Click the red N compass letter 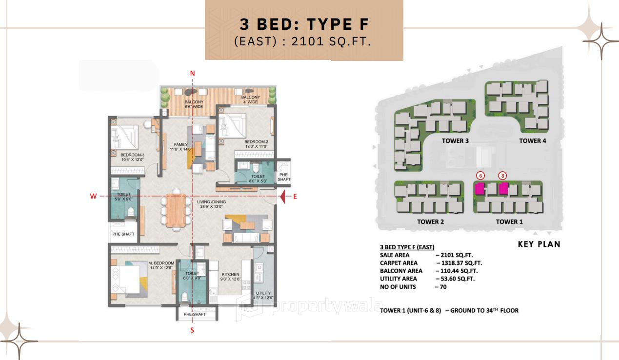[192, 73]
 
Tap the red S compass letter [192, 330]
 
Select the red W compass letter [93, 196]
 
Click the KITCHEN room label [230, 274]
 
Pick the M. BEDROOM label [161, 263]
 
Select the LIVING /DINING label [212, 201]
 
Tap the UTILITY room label [263, 293]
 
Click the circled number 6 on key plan [480, 176]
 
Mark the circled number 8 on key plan [502, 176]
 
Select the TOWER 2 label [431, 222]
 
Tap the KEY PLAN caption [539, 244]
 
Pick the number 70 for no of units [442, 287]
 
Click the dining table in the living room [176, 210]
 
